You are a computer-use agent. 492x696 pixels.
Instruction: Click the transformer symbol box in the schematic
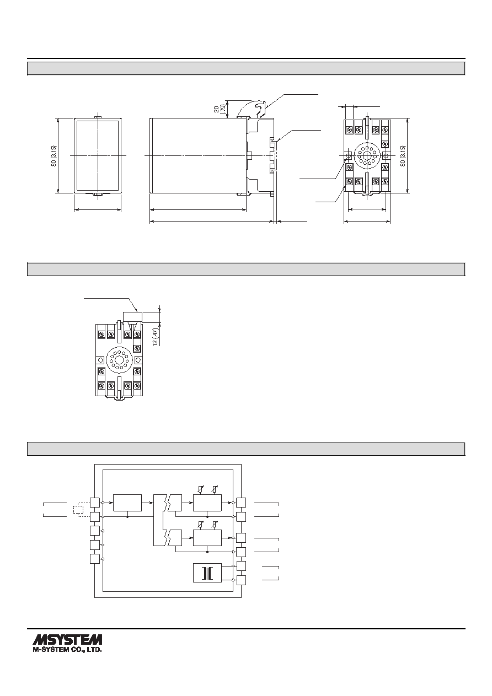tap(207, 573)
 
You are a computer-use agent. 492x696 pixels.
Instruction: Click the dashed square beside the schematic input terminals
tap(78, 510)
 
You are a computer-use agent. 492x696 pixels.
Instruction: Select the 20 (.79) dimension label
tap(219, 109)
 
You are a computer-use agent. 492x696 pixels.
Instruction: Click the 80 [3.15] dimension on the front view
tap(54, 156)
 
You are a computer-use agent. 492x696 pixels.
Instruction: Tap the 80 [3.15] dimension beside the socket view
tap(403, 156)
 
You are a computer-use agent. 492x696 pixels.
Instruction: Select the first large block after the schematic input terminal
tap(127, 503)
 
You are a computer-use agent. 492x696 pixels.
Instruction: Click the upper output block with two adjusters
tap(207, 503)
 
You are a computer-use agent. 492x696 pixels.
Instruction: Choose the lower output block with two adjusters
tap(207, 537)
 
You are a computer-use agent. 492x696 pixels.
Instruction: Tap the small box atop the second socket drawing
tap(132, 317)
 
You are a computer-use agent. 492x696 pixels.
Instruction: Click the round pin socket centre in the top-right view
tap(367, 155)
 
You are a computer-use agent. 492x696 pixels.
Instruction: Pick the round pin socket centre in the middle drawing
tap(119, 360)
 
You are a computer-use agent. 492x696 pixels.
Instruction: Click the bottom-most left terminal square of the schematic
tap(94, 559)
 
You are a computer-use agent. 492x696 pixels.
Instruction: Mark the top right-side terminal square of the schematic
tap(241, 503)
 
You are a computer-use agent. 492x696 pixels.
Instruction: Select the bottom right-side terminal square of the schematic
tap(241, 580)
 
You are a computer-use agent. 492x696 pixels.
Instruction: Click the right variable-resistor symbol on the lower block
tap(214, 524)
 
